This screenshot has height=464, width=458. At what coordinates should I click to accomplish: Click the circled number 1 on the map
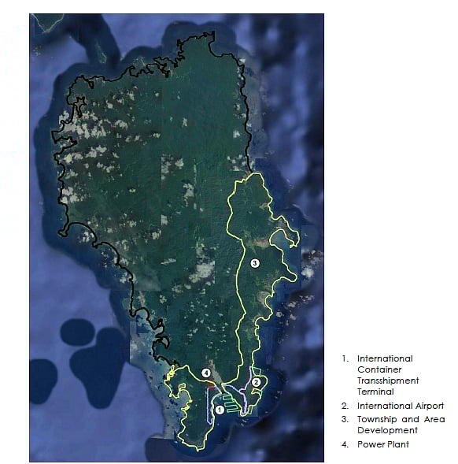click(x=219, y=410)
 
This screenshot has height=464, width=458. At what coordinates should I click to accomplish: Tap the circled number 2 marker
click(x=256, y=382)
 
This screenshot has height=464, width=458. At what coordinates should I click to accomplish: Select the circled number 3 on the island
click(x=254, y=264)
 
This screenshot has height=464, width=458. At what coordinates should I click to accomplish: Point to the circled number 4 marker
click(x=205, y=373)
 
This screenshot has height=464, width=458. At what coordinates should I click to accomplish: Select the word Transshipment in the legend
click(x=388, y=380)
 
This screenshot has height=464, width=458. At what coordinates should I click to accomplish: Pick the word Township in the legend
click(x=377, y=419)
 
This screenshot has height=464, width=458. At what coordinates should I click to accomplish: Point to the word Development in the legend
click(x=388, y=431)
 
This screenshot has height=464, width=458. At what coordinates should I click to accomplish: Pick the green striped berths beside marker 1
click(x=228, y=401)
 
